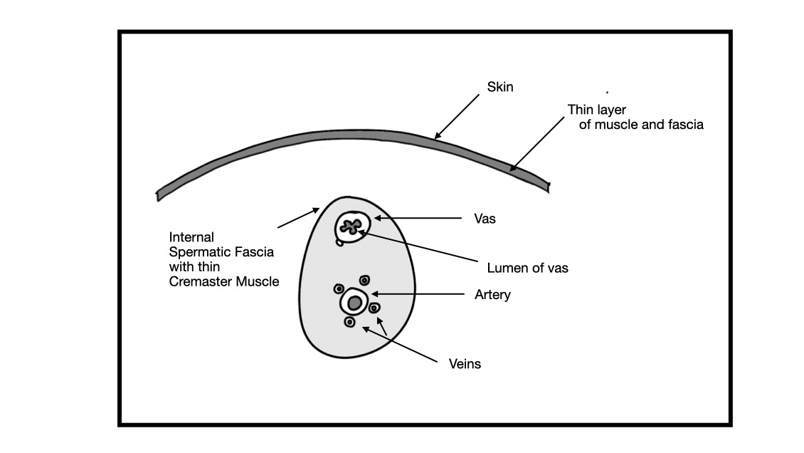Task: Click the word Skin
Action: (499, 88)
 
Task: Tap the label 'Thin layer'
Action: (596, 110)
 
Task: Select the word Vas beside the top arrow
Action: (484, 219)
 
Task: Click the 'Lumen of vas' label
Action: (527, 269)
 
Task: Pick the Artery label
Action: (492, 294)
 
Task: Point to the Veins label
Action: (465, 364)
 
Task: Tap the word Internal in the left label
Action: (191, 236)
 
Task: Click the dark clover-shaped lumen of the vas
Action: (351, 226)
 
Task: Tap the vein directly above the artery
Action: (365, 280)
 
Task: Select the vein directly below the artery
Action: (349, 322)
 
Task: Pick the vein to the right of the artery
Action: (375, 308)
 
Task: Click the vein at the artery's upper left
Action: (339, 288)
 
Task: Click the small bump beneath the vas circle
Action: (340, 242)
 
